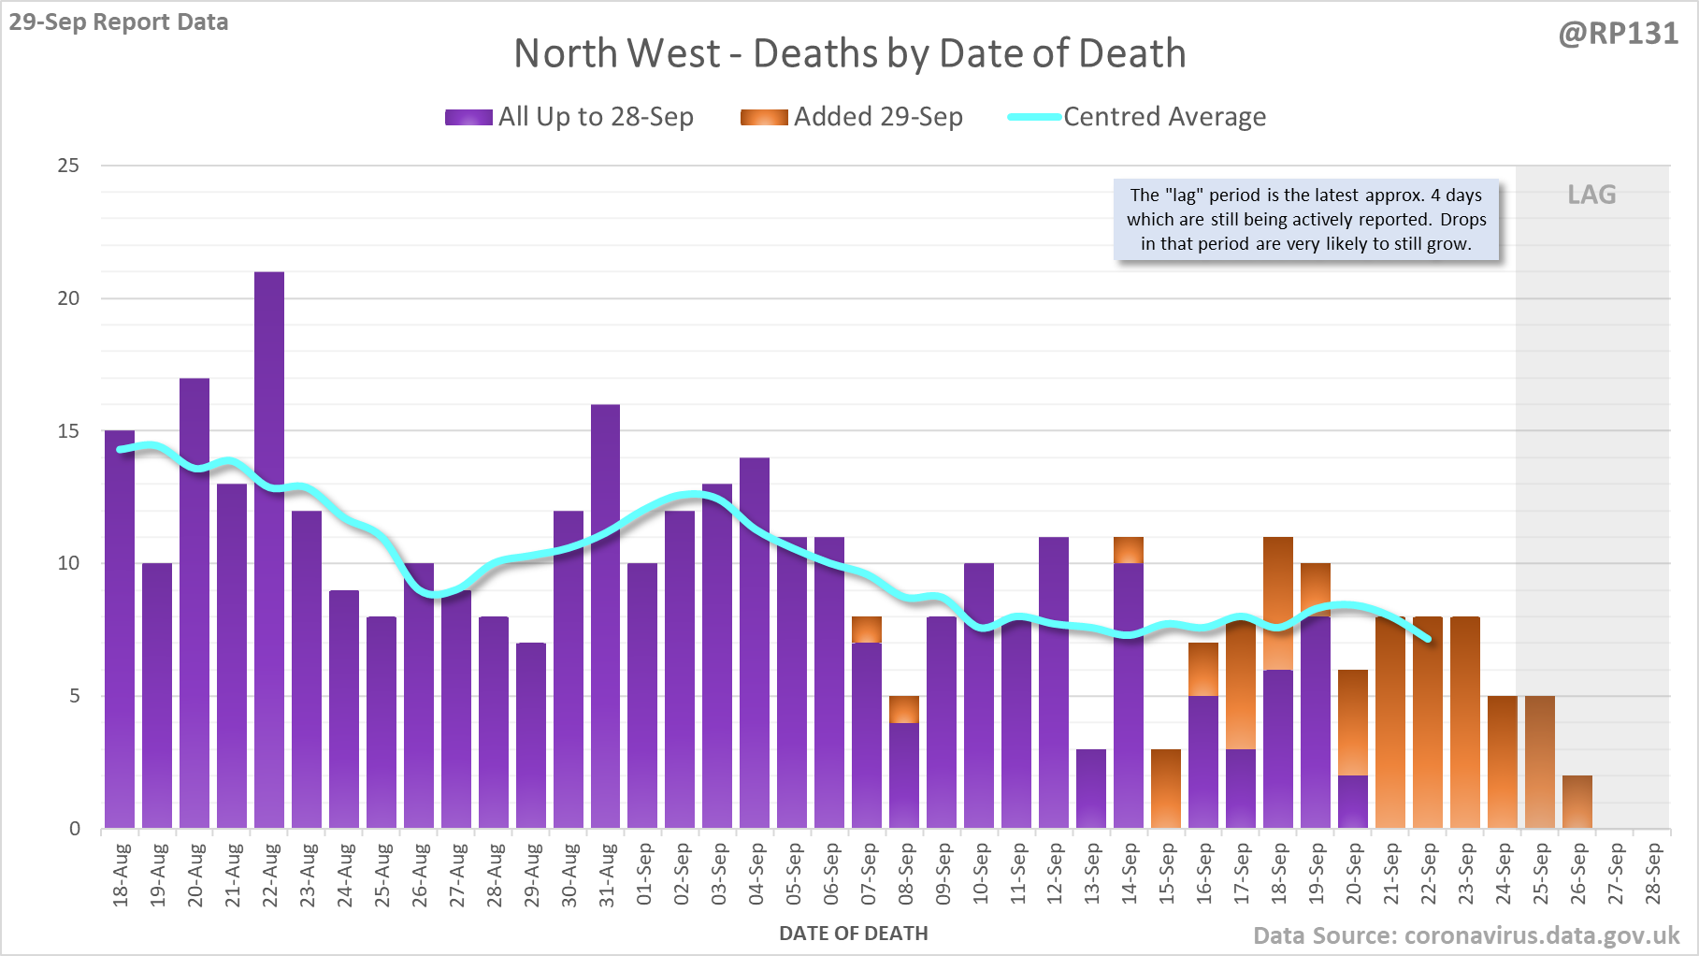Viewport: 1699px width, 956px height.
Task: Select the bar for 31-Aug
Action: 605,616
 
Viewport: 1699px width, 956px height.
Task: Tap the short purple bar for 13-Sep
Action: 1091,789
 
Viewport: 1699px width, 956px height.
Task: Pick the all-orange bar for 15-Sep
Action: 1166,789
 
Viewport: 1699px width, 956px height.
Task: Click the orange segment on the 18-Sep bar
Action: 1278,603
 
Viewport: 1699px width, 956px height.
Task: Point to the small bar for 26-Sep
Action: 1577,802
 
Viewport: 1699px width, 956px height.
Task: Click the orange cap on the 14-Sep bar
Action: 1129,550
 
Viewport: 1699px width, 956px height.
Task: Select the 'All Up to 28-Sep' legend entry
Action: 569,117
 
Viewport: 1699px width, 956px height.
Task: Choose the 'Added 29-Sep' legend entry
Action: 852,117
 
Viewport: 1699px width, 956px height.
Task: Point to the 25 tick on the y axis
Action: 68,166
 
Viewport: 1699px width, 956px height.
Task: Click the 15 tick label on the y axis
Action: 68,431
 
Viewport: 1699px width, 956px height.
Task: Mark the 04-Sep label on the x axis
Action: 756,875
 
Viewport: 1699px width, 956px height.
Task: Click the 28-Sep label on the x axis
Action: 1653,875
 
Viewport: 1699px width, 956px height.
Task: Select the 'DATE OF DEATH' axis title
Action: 853,934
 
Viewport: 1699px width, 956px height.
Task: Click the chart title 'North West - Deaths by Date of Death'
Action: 849,53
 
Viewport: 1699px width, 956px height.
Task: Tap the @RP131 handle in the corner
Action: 1618,34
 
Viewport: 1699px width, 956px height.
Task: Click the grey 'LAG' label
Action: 1591,195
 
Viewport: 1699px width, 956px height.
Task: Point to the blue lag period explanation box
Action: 1306,220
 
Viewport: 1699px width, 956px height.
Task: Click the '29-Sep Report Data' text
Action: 119,22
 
